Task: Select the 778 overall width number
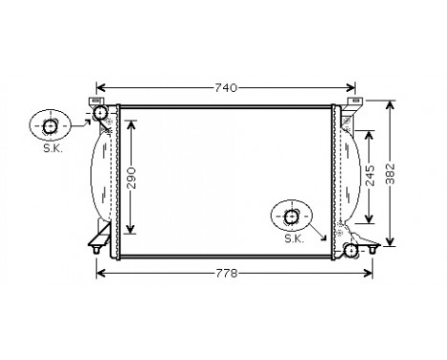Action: tap(225, 274)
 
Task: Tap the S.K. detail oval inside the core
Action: tap(291, 215)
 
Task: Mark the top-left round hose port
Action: tap(101, 115)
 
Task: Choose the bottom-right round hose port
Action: tap(351, 250)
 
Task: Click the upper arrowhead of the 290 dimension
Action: tap(132, 123)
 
